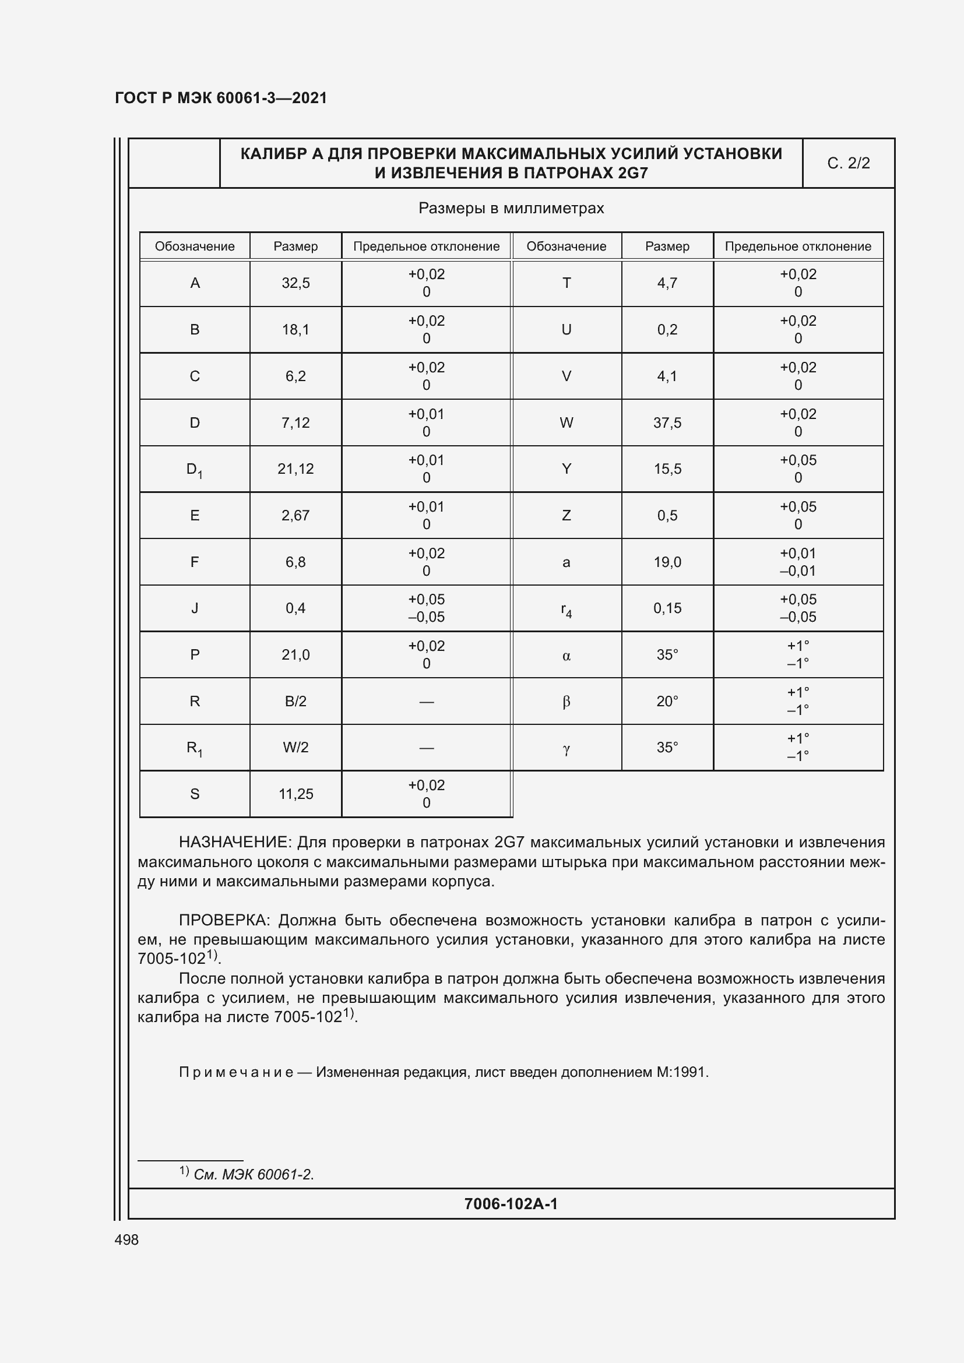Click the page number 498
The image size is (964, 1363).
pyautogui.click(x=126, y=1239)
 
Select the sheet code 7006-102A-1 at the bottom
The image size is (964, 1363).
pyautogui.click(x=511, y=1203)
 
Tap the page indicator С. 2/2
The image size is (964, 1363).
pyautogui.click(x=848, y=163)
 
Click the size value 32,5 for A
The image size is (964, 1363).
pyautogui.click(x=295, y=283)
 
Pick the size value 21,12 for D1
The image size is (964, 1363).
pyautogui.click(x=295, y=469)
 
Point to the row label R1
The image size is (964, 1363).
pyautogui.click(x=194, y=748)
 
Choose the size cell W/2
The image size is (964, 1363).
pyautogui.click(x=295, y=748)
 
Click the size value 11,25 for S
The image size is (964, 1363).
pyautogui.click(x=295, y=794)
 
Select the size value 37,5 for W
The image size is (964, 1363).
pyautogui.click(x=667, y=422)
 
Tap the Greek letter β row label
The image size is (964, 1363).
pyautogui.click(x=567, y=702)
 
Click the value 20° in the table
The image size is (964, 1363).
pyautogui.click(x=667, y=701)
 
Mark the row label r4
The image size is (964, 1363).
pyautogui.click(x=567, y=610)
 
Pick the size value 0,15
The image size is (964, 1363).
pyautogui.click(x=667, y=608)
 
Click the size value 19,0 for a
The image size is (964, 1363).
pyautogui.click(x=667, y=562)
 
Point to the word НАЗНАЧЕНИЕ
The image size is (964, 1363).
pyautogui.click(x=234, y=843)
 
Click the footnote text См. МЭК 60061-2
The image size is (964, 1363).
pyautogui.click(x=254, y=1174)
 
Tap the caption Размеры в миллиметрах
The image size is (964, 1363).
pyautogui.click(x=511, y=209)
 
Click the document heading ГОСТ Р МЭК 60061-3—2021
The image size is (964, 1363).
pyautogui.click(x=221, y=98)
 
